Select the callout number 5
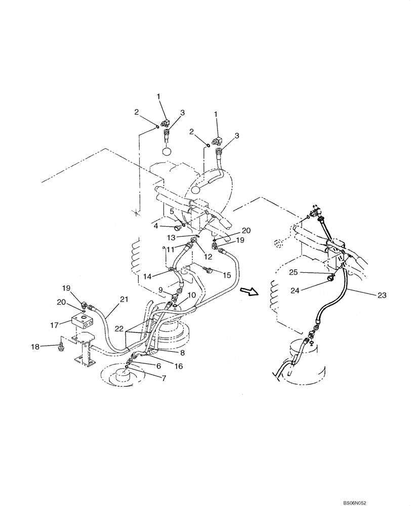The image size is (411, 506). coord(172,210)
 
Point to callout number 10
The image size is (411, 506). coord(192,294)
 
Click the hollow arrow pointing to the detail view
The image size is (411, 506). coord(248,290)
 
